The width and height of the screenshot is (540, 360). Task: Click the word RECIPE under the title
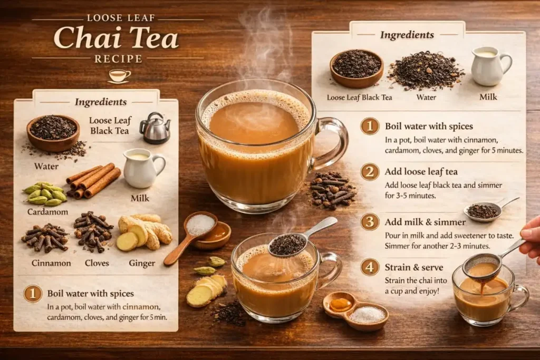tap(118, 59)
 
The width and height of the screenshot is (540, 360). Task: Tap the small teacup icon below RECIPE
tap(119, 75)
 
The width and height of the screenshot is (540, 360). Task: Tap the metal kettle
tap(155, 129)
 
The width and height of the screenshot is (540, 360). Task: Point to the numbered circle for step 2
tap(370, 172)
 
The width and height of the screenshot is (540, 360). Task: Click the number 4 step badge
tap(370, 267)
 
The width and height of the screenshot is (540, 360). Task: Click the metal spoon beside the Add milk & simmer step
tap(485, 210)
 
